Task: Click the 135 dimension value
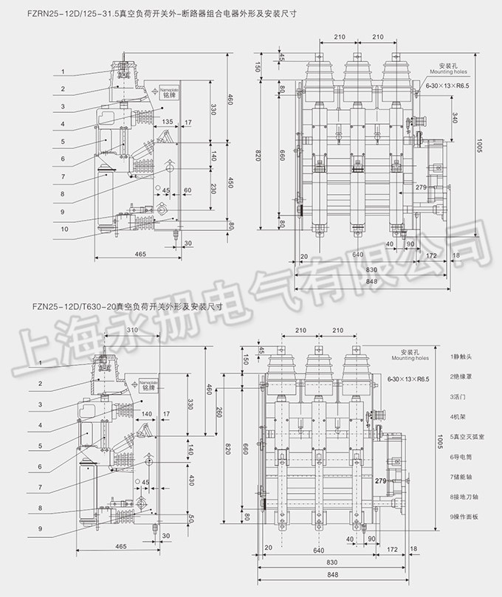168,121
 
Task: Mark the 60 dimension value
188,190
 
